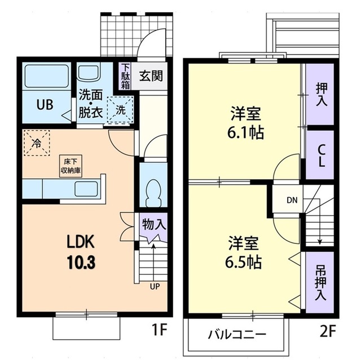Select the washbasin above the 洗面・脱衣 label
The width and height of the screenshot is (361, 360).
pos(87,74)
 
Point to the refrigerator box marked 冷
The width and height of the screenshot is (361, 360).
pos(37,143)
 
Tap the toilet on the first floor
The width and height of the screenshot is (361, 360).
pos(152,191)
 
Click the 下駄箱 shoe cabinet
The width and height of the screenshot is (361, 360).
pos(125,75)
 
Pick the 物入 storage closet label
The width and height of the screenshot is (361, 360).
pos(153,224)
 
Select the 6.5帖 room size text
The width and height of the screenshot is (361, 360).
pos(245,261)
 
